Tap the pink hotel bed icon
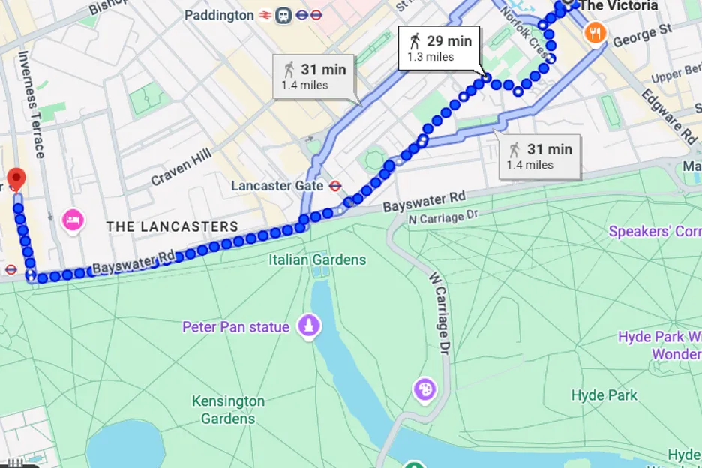click(72, 220)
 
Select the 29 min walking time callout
click(439, 47)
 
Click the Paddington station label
click(218, 15)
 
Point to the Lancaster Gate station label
click(277, 185)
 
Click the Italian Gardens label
click(317, 259)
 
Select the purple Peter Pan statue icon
click(309, 326)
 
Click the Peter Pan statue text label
click(235, 327)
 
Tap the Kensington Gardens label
click(228, 409)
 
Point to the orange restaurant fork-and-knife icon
click(595, 32)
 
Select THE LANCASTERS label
click(172, 226)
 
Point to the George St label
click(641, 34)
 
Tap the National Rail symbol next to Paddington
click(264, 15)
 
